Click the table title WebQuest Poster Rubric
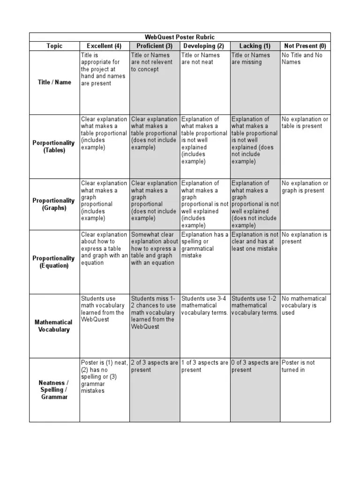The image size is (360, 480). (180, 37)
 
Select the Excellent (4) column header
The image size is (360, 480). (104, 46)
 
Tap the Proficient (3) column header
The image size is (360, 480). (155, 46)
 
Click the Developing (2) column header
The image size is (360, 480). (205, 46)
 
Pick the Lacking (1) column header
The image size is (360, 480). (255, 46)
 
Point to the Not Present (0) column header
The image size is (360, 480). (305, 46)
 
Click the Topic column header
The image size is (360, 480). (54, 46)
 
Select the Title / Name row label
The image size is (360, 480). (54, 82)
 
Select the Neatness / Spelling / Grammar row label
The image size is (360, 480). (54, 390)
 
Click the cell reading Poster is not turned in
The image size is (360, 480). (299, 366)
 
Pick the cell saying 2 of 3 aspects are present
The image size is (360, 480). (154, 366)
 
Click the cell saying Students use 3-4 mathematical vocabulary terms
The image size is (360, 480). (205, 306)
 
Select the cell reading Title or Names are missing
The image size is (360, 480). (251, 59)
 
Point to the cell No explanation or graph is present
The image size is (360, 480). (305, 187)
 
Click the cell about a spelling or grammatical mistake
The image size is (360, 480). (205, 245)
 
